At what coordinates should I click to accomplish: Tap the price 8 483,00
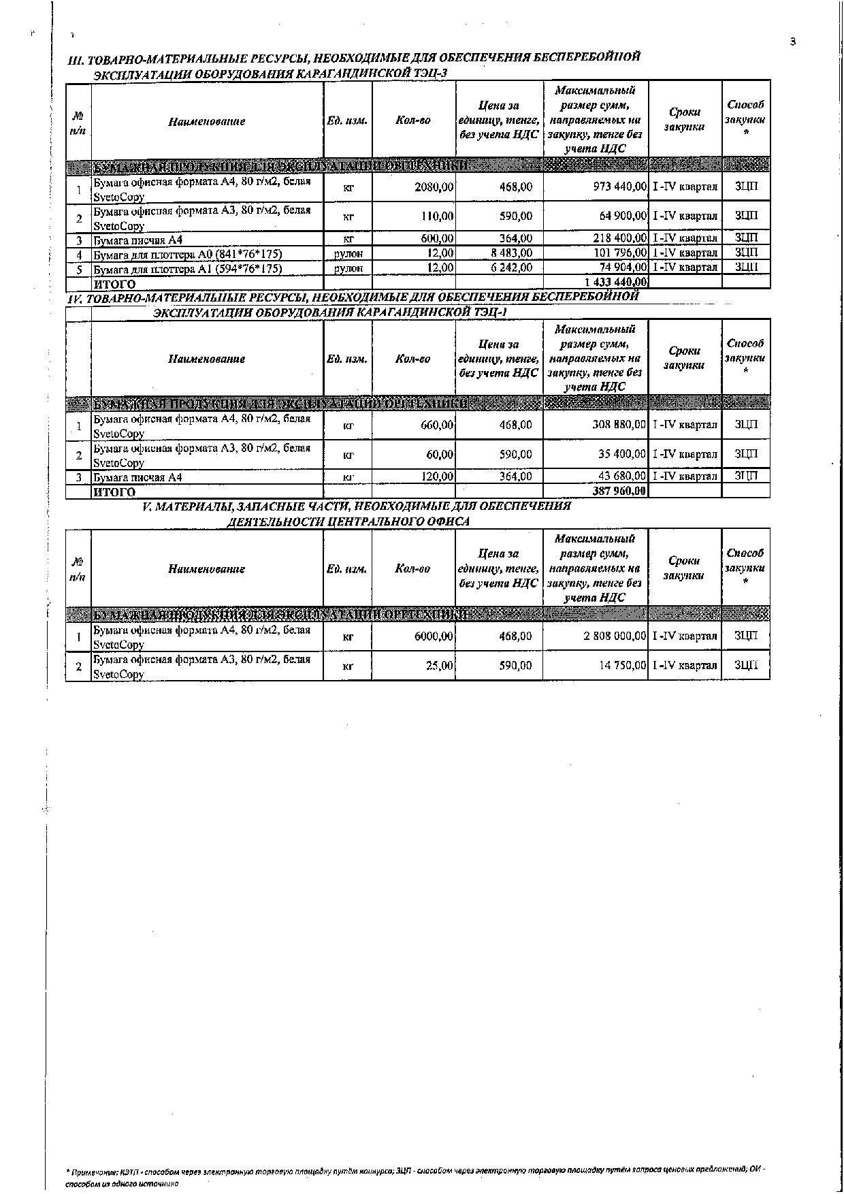click(510, 253)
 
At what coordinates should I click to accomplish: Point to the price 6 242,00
click(510, 268)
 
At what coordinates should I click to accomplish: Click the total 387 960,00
click(619, 491)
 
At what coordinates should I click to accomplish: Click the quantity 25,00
click(440, 666)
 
